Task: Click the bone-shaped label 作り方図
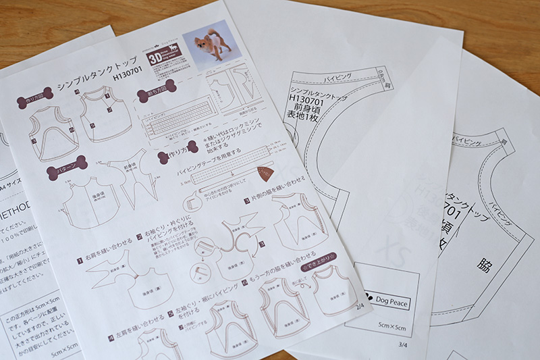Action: pyautogui.click(x=38, y=99)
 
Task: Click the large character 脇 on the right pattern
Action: pyautogui.click(x=484, y=265)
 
